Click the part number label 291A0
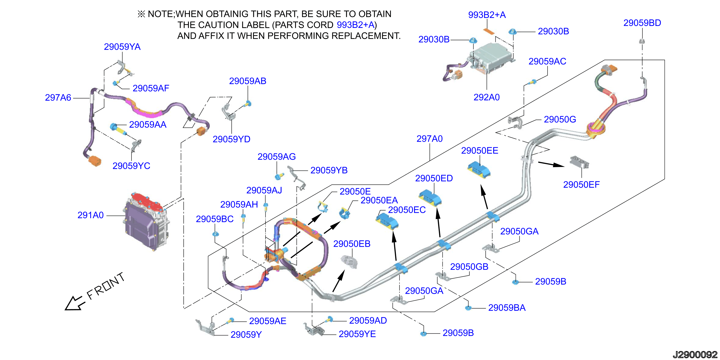[90, 215]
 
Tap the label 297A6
[58, 98]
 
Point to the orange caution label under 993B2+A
[489, 31]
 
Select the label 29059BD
[642, 23]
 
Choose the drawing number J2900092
[695, 354]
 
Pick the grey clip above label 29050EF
[579, 162]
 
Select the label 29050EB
[352, 244]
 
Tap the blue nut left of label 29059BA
[468, 308]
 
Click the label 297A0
[430, 139]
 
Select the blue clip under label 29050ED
[430, 198]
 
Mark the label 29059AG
[277, 156]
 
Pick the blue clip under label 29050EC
[387, 221]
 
